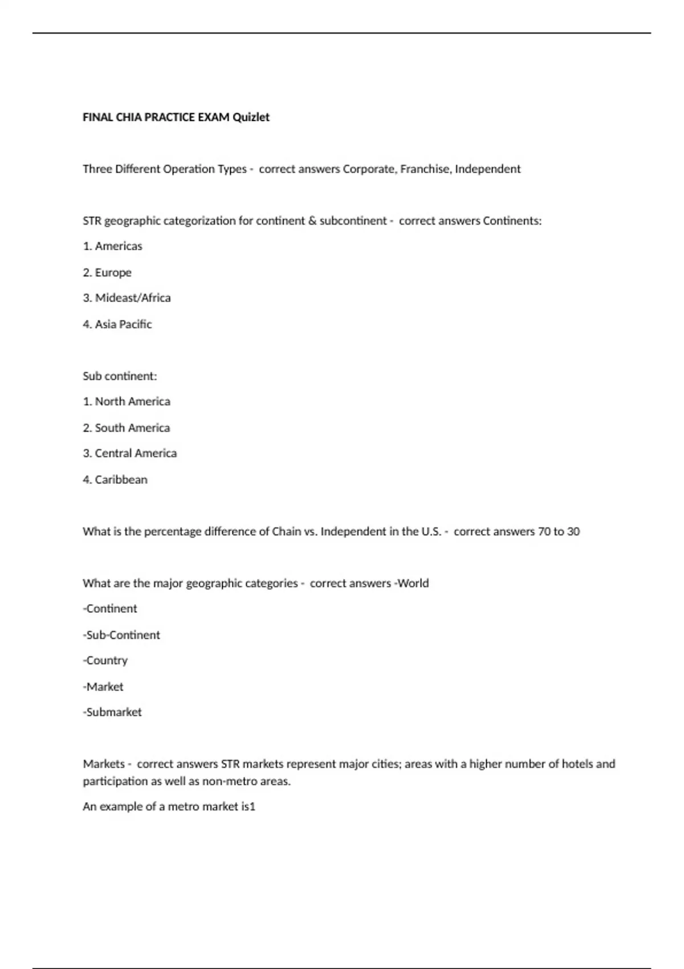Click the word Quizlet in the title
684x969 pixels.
click(x=251, y=117)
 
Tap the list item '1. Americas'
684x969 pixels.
click(x=112, y=246)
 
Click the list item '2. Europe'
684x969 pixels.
click(x=107, y=272)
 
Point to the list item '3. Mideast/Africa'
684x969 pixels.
click(x=127, y=298)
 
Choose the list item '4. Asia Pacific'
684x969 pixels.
click(x=117, y=324)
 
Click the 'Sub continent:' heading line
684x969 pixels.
click(x=120, y=376)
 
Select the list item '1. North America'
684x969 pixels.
click(x=127, y=402)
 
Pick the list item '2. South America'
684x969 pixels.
click(x=127, y=428)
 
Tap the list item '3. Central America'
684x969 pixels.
click(x=130, y=454)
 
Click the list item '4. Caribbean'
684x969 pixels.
click(x=115, y=480)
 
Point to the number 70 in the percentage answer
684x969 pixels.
click(x=544, y=532)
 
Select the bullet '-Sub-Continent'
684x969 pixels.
click(x=121, y=635)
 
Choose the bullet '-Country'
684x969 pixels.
click(x=105, y=661)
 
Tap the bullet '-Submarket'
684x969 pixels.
click(x=112, y=712)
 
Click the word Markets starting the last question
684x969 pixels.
click(x=104, y=764)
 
